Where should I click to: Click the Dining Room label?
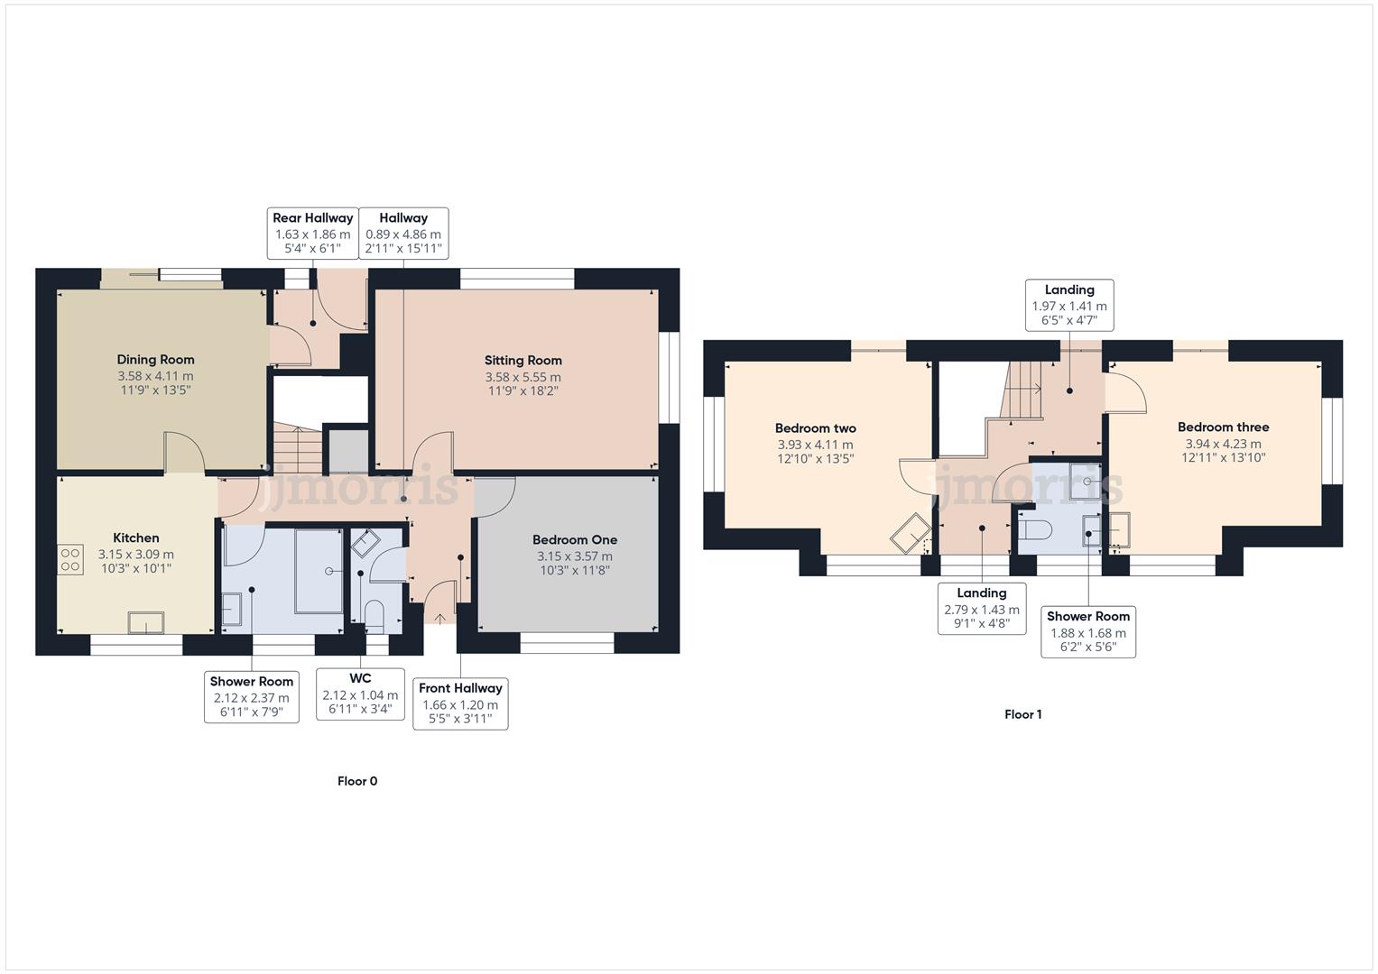[x=155, y=360]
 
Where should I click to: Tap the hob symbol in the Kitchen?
[x=70, y=560]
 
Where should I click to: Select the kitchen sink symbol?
[x=145, y=622]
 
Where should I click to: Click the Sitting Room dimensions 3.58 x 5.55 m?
[x=523, y=377]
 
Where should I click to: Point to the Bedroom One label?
[x=574, y=540]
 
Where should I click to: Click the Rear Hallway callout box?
[x=313, y=233]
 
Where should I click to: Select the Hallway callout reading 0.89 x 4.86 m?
[x=403, y=233]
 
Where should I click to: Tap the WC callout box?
[x=360, y=694]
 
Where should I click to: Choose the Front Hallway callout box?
[x=460, y=703]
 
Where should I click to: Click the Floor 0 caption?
[x=357, y=781]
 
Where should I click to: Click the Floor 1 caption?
[x=1023, y=714]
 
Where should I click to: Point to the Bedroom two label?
[x=815, y=428]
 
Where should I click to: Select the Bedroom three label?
[x=1223, y=427]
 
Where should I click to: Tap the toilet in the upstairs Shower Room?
[x=1034, y=530]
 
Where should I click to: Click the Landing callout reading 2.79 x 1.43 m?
[x=981, y=609]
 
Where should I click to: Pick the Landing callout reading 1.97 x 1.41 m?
[x=1069, y=305]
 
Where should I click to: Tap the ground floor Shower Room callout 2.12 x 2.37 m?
[x=252, y=697]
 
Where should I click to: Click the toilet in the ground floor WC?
[x=375, y=617]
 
